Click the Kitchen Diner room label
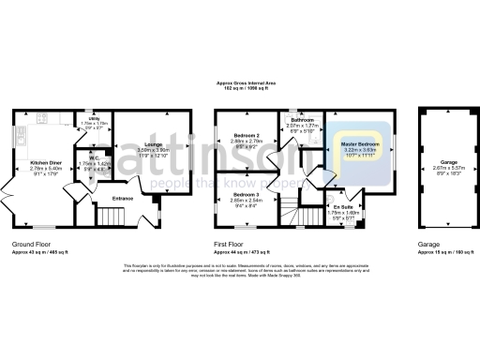pos(46,162)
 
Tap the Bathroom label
pos(302,120)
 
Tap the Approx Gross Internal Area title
pos(239,84)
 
